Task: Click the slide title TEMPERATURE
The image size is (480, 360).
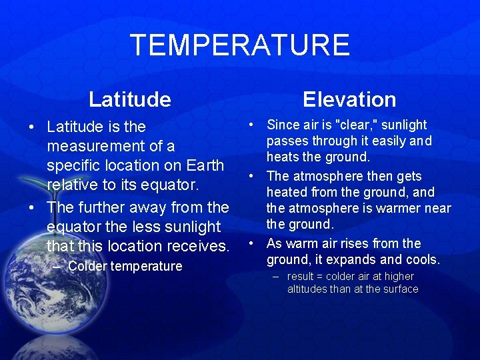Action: pyautogui.click(x=240, y=45)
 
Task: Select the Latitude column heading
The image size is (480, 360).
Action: pyautogui.click(x=130, y=99)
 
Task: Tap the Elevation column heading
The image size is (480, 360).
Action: pyautogui.click(x=349, y=99)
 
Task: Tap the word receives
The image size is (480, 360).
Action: pyautogui.click(x=196, y=246)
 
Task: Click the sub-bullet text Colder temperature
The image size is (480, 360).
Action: pyautogui.click(x=125, y=266)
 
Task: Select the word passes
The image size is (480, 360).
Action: pyautogui.click(x=286, y=141)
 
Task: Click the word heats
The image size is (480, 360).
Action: pyautogui.click(x=283, y=157)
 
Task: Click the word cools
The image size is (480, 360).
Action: pyautogui.click(x=421, y=259)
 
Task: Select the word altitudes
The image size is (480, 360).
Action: pyautogui.click(x=307, y=289)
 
